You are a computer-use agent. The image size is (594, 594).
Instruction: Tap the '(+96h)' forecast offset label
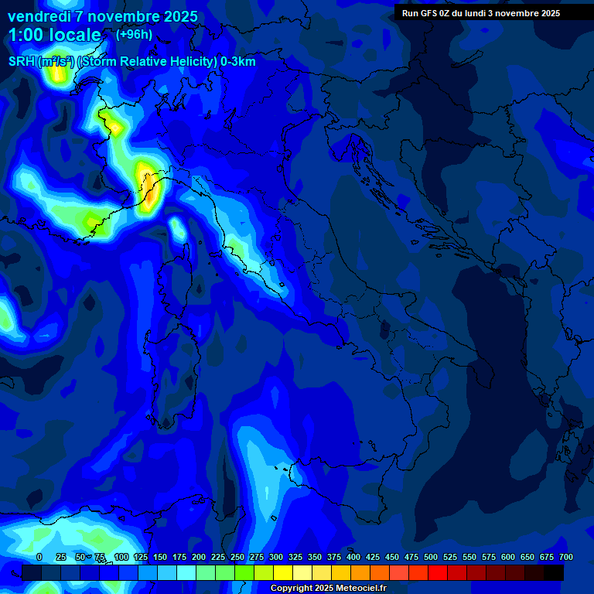(134, 34)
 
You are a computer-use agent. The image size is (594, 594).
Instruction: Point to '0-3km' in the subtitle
(237, 62)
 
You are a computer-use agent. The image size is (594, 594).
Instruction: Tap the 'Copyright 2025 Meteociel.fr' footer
(328, 589)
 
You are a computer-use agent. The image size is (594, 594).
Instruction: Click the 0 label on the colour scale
(39, 557)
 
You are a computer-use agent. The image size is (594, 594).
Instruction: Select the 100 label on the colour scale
(121, 557)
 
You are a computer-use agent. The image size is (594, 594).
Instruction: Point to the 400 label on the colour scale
(353, 557)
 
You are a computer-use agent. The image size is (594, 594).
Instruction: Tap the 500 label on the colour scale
(431, 557)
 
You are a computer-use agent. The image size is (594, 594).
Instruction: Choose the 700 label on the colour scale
(565, 557)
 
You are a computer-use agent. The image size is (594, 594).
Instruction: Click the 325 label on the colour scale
(295, 557)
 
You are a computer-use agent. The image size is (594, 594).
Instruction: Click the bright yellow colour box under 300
(283, 572)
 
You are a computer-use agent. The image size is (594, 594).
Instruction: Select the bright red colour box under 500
(438, 572)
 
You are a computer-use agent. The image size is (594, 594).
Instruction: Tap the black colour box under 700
(554, 572)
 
